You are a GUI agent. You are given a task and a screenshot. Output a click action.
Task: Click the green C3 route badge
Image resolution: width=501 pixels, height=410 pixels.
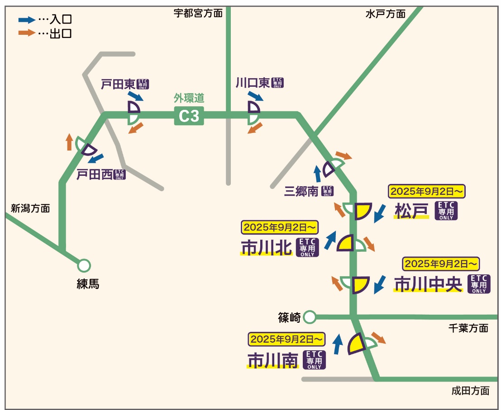click(189, 116)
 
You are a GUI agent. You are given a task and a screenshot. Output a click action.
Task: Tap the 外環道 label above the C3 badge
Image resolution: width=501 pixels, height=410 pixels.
click(189, 98)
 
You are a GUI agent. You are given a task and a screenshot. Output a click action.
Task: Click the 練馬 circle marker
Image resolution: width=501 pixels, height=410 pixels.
click(84, 265)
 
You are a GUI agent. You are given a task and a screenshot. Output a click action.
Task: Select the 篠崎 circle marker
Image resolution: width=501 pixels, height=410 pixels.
click(310, 317)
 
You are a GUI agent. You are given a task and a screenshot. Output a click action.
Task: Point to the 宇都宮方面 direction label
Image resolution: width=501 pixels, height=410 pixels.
click(198, 14)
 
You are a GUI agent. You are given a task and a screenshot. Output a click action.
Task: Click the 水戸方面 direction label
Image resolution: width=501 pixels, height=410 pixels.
click(385, 14)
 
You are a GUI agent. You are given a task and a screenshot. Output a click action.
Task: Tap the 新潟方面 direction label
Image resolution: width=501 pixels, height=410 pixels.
click(30, 208)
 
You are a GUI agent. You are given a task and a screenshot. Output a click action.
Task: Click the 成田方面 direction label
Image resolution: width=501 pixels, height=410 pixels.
click(470, 391)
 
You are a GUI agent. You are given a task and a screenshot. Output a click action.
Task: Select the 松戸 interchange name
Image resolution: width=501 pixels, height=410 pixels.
click(411, 211)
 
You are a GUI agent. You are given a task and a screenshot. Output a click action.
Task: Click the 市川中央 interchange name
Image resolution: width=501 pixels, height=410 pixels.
click(428, 284)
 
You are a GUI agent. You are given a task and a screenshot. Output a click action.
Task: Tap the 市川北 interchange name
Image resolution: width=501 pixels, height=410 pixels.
click(266, 247)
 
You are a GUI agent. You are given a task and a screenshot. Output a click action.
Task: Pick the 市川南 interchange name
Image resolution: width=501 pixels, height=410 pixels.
click(272, 360)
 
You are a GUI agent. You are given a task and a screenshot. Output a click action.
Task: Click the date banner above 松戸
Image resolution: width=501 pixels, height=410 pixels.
click(427, 191)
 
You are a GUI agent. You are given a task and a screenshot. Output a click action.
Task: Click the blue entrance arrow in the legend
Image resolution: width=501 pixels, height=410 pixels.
click(26, 20)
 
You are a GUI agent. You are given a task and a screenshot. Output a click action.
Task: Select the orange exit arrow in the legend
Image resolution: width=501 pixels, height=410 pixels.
click(26, 33)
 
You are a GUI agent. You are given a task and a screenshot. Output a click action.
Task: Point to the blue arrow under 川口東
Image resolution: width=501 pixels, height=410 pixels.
click(255, 96)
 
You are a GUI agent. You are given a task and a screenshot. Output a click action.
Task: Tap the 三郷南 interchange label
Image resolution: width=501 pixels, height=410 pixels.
click(302, 191)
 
